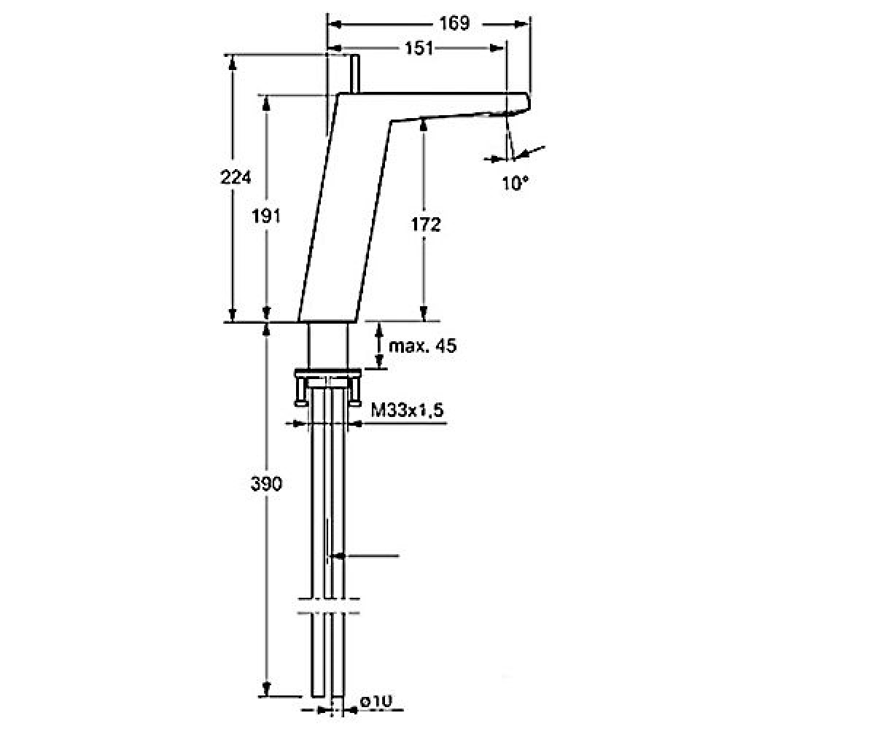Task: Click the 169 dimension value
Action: [454, 23]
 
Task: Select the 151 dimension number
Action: [419, 48]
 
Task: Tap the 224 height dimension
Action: [236, 177]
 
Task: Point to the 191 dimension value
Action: [265, 217]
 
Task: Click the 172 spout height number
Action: [425, 225]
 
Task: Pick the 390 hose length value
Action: [267, 484]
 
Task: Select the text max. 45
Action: [422, 346]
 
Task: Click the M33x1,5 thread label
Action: [407, 410]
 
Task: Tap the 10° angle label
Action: [515, 183]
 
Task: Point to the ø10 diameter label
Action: [376, 701]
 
